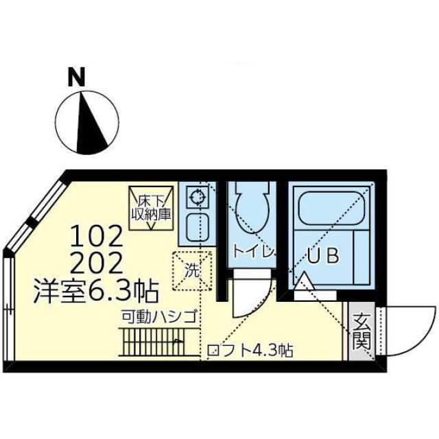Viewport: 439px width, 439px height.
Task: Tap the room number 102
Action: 97,238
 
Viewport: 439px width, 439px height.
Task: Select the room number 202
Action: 97,263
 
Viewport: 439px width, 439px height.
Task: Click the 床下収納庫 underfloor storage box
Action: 152,205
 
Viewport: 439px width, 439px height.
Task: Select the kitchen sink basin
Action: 197,227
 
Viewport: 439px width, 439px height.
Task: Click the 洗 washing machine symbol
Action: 191,270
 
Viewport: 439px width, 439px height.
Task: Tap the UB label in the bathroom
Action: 322,257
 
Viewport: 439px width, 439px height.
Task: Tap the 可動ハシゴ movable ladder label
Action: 160,317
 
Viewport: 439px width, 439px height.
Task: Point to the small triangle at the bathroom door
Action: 303,281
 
